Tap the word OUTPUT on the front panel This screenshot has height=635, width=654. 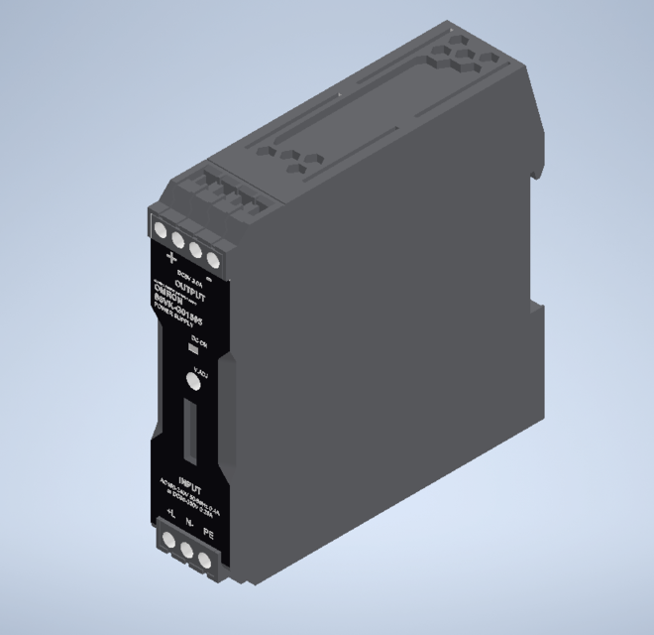(190, 292)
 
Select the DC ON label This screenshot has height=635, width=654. (196, 342)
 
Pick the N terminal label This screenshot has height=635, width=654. (188, 524)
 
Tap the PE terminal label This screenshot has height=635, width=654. (208, 534)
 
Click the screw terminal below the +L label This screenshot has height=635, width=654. (168, 541)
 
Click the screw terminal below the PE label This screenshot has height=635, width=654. (205, 561)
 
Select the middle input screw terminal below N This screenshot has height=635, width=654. (186, 551)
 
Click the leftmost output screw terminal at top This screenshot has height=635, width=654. (162, 230)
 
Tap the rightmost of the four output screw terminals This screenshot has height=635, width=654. (212, 259)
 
